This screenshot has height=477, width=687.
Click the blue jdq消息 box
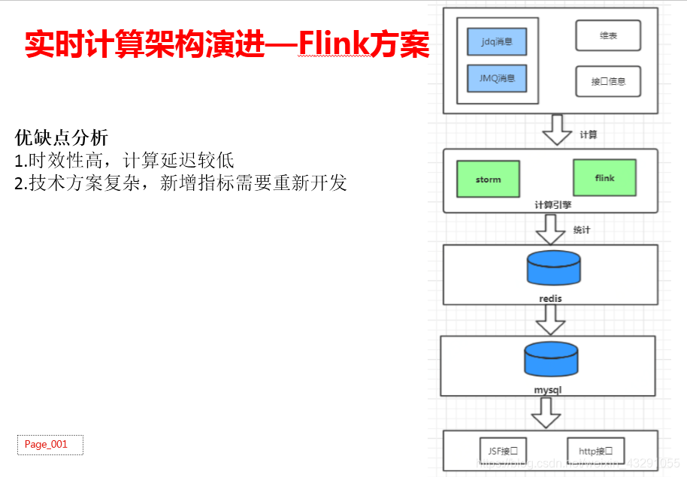click(x=497, y=42)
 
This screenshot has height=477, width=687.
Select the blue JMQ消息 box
click(x=497, y=78)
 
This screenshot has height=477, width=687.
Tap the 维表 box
click(x=608, y=35)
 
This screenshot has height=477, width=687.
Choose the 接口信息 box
click(x=608, y=81)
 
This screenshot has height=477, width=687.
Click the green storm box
click(x=488, y=180)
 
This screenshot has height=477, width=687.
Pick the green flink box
click(x=604, y=178)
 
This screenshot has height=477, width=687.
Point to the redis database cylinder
click(x=553, y=268)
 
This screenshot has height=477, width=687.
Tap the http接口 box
click(x=595, y=451)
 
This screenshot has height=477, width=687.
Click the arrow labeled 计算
click(x=557, y=131)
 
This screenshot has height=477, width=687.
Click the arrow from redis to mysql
click(x=551, y=320)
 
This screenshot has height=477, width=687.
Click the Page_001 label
click(x=50, y=445)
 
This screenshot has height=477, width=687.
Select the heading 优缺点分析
click(x=62, y=137)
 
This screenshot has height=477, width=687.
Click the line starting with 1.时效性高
click(x=125, y=160)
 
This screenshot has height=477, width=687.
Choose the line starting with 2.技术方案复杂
click(x=180, y=183)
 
